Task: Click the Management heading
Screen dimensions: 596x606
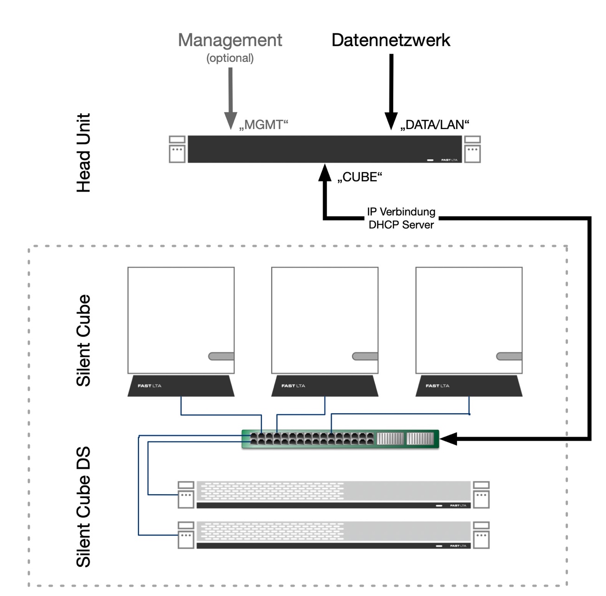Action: tap(230, 40)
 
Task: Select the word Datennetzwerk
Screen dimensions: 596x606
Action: tap(391, 40)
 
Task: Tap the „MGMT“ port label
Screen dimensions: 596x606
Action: tap(264, 125)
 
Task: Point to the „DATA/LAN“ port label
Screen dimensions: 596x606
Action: tap(435, 125)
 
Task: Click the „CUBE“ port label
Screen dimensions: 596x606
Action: tap(359, 177)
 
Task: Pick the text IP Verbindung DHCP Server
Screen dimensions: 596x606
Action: tap(401, 218)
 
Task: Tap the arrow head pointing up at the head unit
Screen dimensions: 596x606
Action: tap(325, 172)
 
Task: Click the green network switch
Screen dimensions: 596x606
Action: tap(340, 439)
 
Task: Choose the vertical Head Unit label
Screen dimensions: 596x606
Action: tap(84, 153)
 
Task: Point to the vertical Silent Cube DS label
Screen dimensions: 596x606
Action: tap(84, 507)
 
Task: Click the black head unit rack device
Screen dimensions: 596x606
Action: tap(325, 149)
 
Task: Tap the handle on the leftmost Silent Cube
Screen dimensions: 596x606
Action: tap(222, 356)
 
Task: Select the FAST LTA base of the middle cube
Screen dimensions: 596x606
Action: tap(325, 386)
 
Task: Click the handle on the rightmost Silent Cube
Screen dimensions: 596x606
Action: tap(509, 356)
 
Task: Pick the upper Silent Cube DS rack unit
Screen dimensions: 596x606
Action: tap(333, 495)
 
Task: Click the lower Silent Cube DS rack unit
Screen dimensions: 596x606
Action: tap(333, 535)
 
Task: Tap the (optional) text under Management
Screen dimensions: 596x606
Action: tap(230, 58)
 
